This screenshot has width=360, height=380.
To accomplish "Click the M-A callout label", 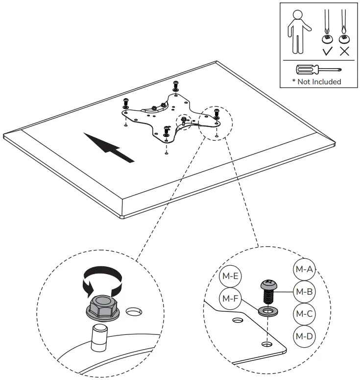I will (x=304, y=269).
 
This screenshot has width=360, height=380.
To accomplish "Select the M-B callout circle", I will (x=304, y=291).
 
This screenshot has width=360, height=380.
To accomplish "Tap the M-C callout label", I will (x=304, y=313).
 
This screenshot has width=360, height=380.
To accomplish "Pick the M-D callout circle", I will (x=304, y=336).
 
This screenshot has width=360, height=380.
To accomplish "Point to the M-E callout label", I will (x=229, y=276).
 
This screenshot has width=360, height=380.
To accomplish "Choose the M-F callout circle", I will (x=229, y=298).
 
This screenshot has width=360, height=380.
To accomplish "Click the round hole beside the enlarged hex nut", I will (x=132, y=312).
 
